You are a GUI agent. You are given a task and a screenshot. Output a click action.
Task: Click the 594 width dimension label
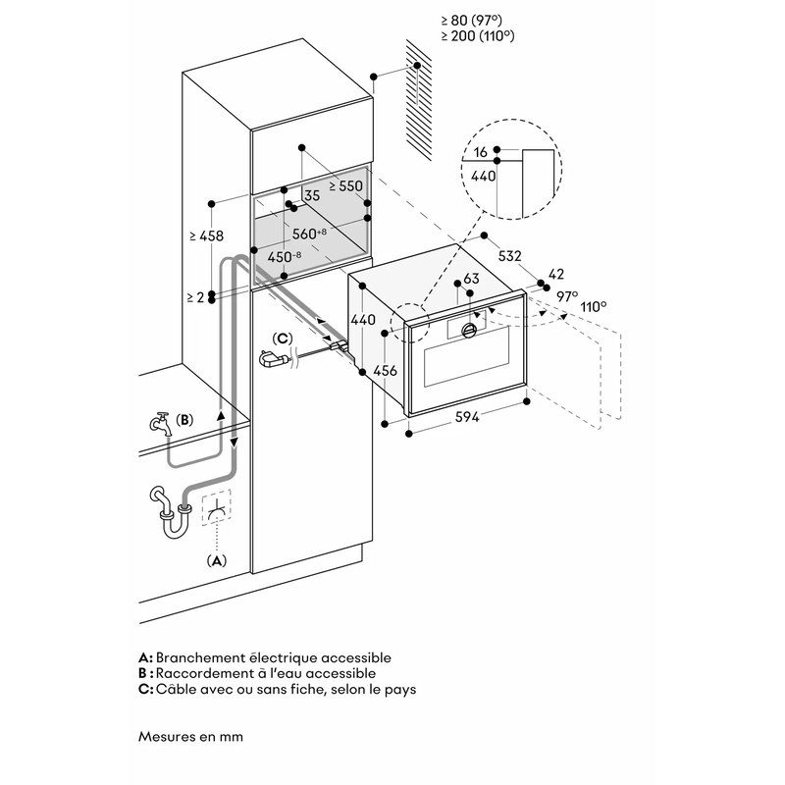pyautogui.click(x=466, y=417)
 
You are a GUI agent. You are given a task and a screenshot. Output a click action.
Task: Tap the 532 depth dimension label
pyautogui.click(x=509, y=255)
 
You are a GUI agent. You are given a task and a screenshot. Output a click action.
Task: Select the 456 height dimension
pyautogui.click(x=386, y=370)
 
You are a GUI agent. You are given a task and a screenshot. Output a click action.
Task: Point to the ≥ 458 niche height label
pyautogui.click(x=205, y=235)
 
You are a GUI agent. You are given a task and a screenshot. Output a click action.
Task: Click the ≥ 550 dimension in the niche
pyautogui.click(x=345, y=184)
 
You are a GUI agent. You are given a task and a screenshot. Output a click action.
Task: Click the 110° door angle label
pyautogui.click(x=593, y=306)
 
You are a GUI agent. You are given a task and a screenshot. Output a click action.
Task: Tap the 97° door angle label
pyautogui.click(x=568, y=294)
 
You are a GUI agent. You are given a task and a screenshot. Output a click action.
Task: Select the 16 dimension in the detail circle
pyautogui.click(x=480, y=152)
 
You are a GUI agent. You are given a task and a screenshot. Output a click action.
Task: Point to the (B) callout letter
pyautogui.click(x=184, y=418)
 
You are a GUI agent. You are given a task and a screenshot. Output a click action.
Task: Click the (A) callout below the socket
pyautogui.click(x=216, y=560)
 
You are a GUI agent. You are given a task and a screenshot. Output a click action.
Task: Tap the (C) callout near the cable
pyautogui.click(x=282, y=339)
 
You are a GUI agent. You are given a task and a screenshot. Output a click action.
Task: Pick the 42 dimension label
pyautogui.click(x=556, y=275)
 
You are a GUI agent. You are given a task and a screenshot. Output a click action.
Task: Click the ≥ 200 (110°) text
pyautogui.click(x=478, y=35)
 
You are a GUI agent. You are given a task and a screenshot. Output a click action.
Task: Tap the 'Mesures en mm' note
pyautogui.click(x=190, y=735)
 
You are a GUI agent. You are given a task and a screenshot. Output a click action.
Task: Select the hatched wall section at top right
pyautogui.click(x=418, y=108)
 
